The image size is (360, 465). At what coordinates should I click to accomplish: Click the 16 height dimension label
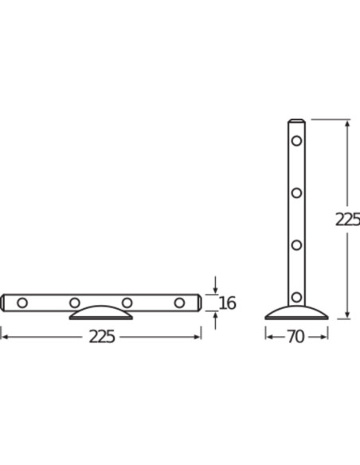click(x=227, y=303)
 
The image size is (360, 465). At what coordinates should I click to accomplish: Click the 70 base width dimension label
click(x=295, y=337)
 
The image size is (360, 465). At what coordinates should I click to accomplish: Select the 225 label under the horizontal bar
click(x=101, y=337)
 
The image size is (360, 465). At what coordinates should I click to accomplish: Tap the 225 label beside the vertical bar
click(x=348, y=220)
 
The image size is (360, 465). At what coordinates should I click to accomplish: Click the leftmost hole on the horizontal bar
click(x=22, y=303)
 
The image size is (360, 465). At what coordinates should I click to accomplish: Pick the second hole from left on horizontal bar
click(x=74, y=303)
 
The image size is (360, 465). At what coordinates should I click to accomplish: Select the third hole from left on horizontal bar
click(x=127, y=303)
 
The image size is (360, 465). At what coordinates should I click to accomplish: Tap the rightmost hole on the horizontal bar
click(x=179, y=303)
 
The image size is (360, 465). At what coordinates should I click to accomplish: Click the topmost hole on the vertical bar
click(x=296, y=141)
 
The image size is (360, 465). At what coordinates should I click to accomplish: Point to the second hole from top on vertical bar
click(x=296, y=193)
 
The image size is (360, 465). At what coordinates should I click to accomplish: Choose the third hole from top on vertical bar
click(x=296, y=244)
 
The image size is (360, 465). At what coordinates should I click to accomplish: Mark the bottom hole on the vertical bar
click(x=296, y=297)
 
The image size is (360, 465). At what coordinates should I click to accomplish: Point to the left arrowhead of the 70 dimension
click(x=268, y=337)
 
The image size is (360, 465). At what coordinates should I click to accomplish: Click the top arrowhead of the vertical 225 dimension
click(x=346, y=123)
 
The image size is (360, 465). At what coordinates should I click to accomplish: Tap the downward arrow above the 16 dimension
click(x=216, y=288)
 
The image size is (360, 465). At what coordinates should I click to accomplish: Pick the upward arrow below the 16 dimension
click(x=216, y=316)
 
